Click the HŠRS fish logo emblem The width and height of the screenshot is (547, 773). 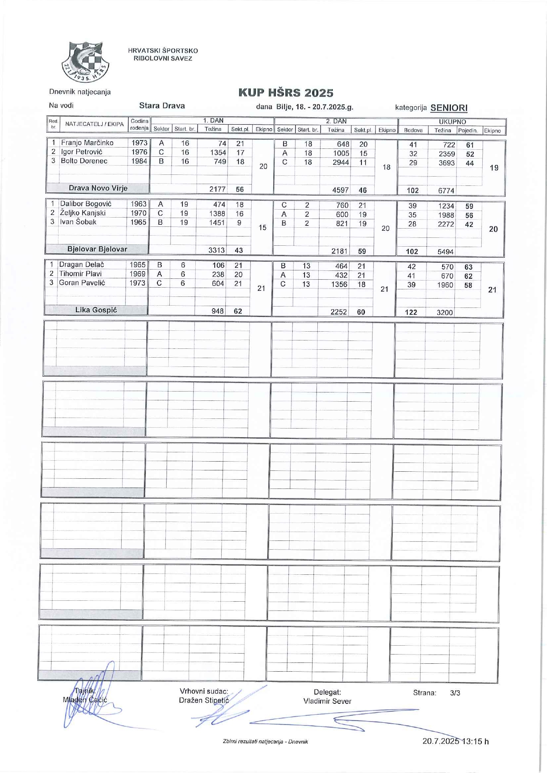point(85,62)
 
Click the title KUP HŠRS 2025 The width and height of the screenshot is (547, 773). point(286,93)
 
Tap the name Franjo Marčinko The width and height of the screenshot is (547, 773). point(87,143)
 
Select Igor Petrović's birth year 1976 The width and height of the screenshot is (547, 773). point(139,152)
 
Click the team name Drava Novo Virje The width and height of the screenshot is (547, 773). point(98,188)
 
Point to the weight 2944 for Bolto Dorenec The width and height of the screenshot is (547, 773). point(341,162)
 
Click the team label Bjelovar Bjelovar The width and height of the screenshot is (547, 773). point(97,249)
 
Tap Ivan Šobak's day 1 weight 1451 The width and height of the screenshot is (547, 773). point(217,222)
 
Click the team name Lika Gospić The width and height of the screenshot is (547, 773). point(96,310)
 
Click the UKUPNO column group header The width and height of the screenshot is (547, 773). point(452,122)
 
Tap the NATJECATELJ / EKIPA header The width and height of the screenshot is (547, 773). point(94,124)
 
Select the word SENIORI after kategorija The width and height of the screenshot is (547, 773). point(449,107)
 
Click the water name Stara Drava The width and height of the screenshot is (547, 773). point(162,106)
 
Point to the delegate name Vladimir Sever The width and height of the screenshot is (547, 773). point(327,701)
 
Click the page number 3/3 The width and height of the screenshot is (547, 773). point(455,693)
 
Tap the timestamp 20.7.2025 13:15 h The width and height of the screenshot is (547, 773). point(455,741)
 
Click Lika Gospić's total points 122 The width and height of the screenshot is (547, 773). point(411,312)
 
